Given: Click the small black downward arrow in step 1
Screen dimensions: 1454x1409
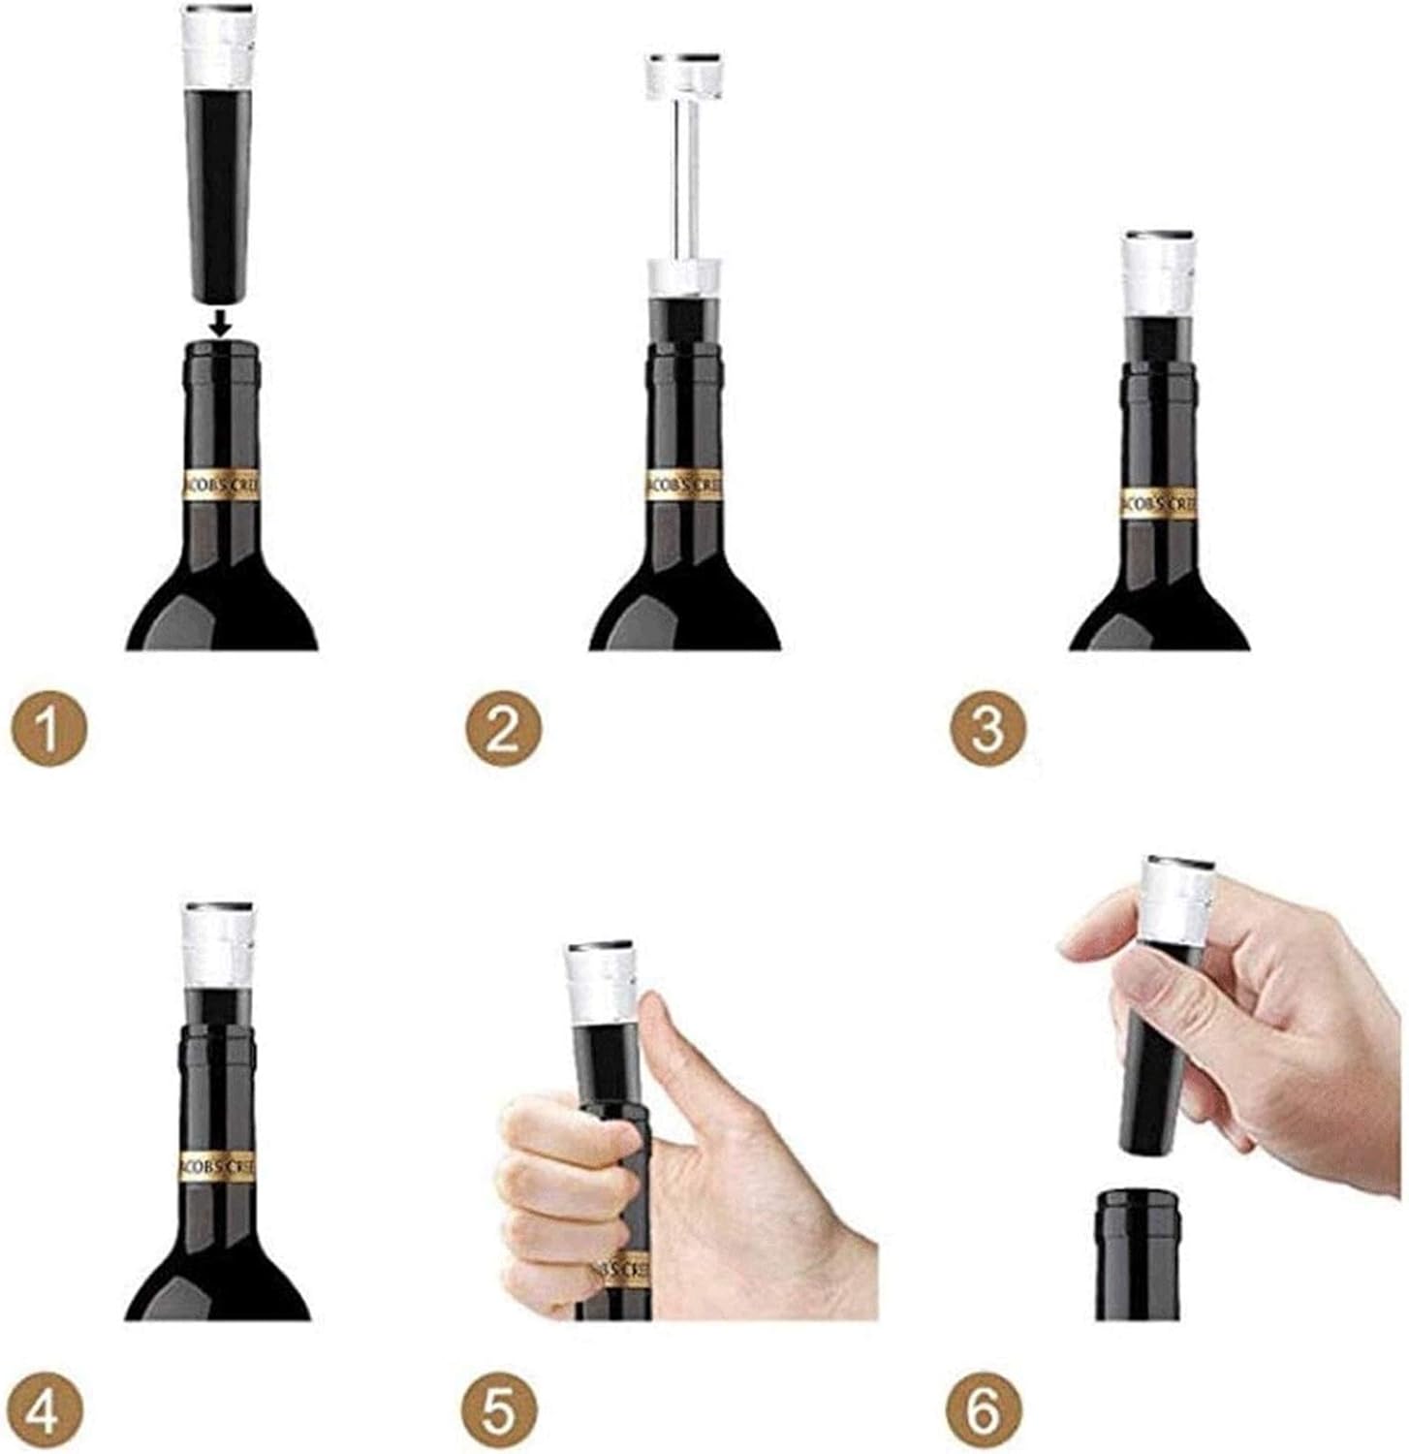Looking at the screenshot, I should tap(222, 322).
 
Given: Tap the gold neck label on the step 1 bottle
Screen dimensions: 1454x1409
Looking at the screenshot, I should tap(221, 487).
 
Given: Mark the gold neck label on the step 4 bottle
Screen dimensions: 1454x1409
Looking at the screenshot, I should tap(218, 1169).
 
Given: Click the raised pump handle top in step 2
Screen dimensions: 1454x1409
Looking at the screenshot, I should tap(683, 74).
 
